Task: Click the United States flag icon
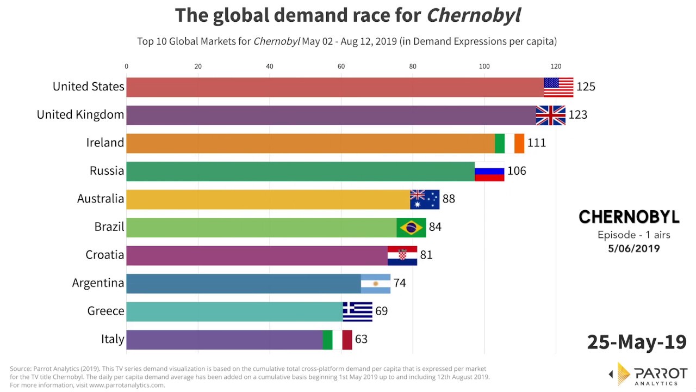(x=558, y=87)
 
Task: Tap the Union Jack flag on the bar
(x=550, y=115)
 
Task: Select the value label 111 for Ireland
(x=536, y=143)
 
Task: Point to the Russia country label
(x=107, y=171)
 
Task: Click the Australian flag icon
(x=425, y=199)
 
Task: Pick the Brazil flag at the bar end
(x=411, y=228)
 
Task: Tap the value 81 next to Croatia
(x=426, y=255)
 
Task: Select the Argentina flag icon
(x=376, y=284)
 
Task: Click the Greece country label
(x=106, y=311)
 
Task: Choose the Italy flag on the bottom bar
(x=337, y=340)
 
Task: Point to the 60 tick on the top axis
(x=341, y=66)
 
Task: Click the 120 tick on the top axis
(x=555, y=66)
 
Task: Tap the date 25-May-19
(x=637, y=342)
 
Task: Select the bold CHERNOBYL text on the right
(x=629, y=217)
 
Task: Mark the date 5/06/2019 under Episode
(x=634, y=249)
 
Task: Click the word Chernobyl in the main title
(x=473, y=15)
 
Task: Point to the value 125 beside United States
(x=586, y=87)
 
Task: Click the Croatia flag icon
(x=402, y=255)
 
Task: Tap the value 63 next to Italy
(x=361, y=340)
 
